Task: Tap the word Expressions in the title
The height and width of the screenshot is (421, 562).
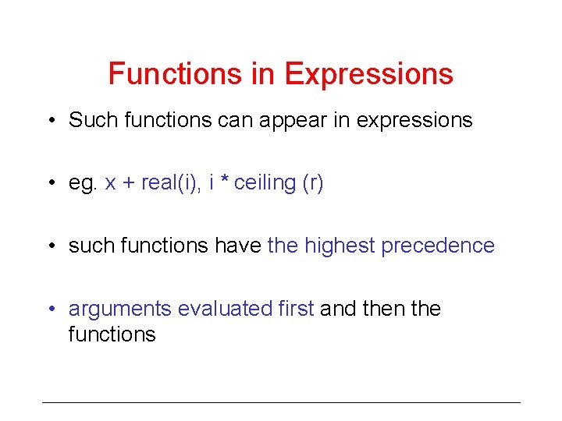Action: coord(368,75)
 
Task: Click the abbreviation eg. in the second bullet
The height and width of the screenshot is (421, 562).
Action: coord(84,183)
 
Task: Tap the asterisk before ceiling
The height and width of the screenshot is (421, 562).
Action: coord(223,182)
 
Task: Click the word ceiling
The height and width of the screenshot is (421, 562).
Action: coord(265,183)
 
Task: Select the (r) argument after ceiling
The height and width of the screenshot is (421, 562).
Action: coord(312,183)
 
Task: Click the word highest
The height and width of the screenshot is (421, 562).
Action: coord(340,246)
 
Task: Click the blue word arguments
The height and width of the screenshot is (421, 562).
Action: coord(119,310)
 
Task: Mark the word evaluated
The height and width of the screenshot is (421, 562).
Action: coord(225,309)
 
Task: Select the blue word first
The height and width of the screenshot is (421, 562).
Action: coord(296,309)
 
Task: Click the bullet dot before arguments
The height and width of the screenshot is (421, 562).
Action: coord(50,310)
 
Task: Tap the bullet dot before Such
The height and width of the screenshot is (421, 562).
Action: coord(50,121)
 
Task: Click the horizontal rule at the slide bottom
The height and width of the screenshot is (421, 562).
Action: coord(281,402)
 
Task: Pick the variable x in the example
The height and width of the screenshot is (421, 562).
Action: coord(110,184)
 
